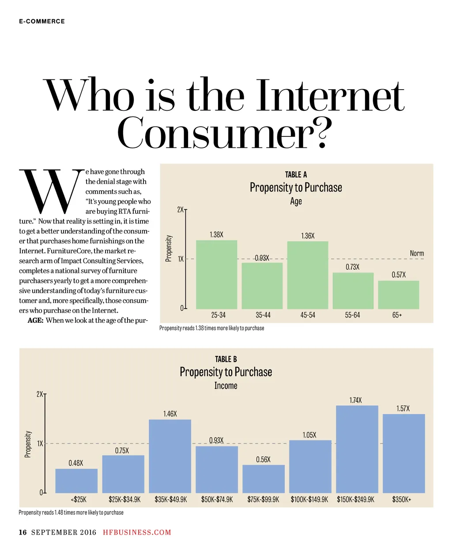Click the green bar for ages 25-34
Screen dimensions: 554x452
[x=216, y=275]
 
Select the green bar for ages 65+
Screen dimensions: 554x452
[x=399, y=295]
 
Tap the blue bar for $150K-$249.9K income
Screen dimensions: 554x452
[x=357, y=449]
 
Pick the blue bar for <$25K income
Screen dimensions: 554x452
[x=76, y=481]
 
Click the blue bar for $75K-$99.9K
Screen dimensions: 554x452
[x=264, y=479]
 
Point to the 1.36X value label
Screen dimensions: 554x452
[x=308, y=236]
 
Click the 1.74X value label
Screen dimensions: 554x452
[x=355, y=400]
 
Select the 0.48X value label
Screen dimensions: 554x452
[x=75, y=463]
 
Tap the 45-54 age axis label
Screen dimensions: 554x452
[x=308, y=315]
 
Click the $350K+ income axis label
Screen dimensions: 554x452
[x=401, y=500]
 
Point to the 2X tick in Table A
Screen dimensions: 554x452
[x=180, y=210]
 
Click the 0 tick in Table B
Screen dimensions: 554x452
[x=41, y=492]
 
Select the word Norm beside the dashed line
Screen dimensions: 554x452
[x=417, y=253]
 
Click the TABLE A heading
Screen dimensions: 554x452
[x=296, y=175]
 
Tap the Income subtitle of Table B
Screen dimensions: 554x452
[x=226, y=386]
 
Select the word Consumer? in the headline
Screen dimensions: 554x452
[x=224, y=133]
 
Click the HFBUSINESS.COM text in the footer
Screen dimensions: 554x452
[x=137, y=532]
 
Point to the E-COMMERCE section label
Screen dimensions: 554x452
[x=42, y=21]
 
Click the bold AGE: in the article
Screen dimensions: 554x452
[x=35, y=320]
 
